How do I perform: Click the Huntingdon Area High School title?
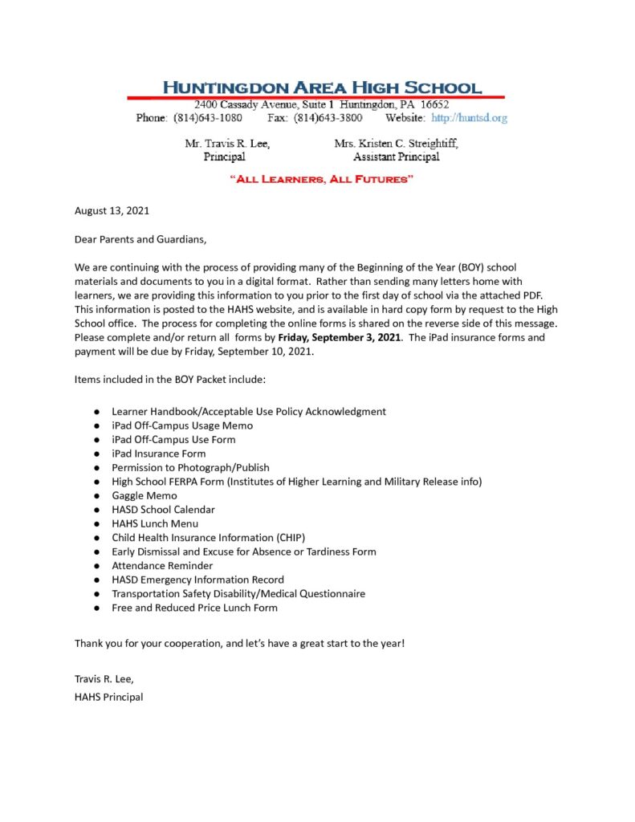(323, 87)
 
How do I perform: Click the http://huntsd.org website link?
(470, 118)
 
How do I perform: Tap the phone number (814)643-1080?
(208, 118)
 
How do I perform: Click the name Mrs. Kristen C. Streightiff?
(396, 144)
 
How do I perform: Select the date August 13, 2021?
(112, 211)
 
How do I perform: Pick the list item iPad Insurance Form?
(159, 454)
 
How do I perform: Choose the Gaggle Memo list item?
(145, 495)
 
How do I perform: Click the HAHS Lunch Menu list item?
(155, 523)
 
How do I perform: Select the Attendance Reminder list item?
(162, 565)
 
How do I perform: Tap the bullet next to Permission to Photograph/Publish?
(96, 467)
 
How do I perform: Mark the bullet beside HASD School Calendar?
(96, 510)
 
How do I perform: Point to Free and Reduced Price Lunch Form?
(194, 608)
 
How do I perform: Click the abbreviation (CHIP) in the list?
(289, 537)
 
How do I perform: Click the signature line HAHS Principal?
(108, 697)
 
